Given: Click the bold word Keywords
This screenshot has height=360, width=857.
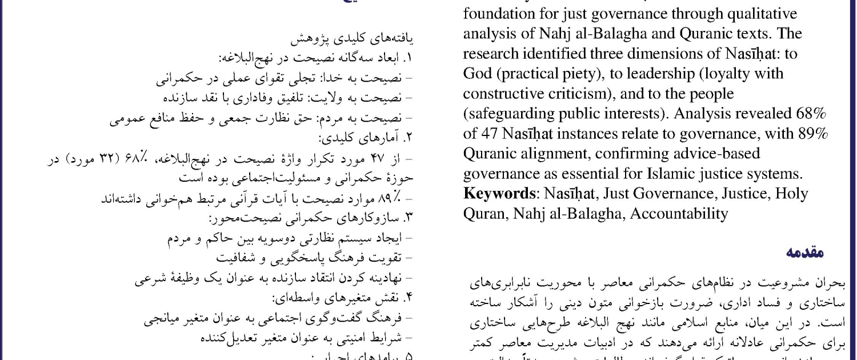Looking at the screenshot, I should pos(499,194).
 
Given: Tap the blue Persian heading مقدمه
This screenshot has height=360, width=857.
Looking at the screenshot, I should pos(805,252).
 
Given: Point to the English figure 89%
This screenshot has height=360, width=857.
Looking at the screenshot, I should pos(812,134).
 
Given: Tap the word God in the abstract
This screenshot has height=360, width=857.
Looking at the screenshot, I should pos(479,74).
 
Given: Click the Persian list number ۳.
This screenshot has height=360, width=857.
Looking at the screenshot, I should pos(408,218).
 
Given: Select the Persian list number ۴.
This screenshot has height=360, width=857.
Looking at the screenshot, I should pos(408,298).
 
